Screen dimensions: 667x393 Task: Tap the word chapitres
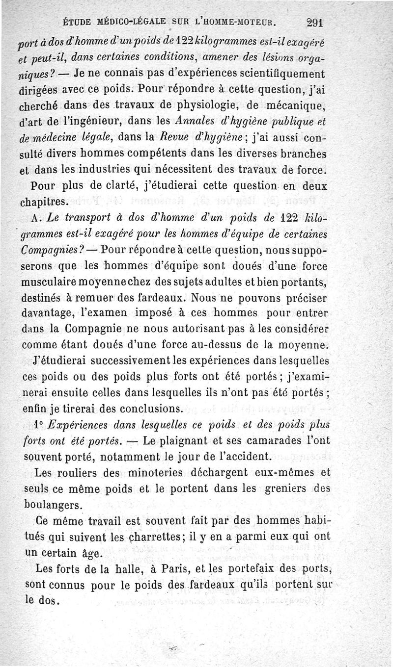tap(48, 202)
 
